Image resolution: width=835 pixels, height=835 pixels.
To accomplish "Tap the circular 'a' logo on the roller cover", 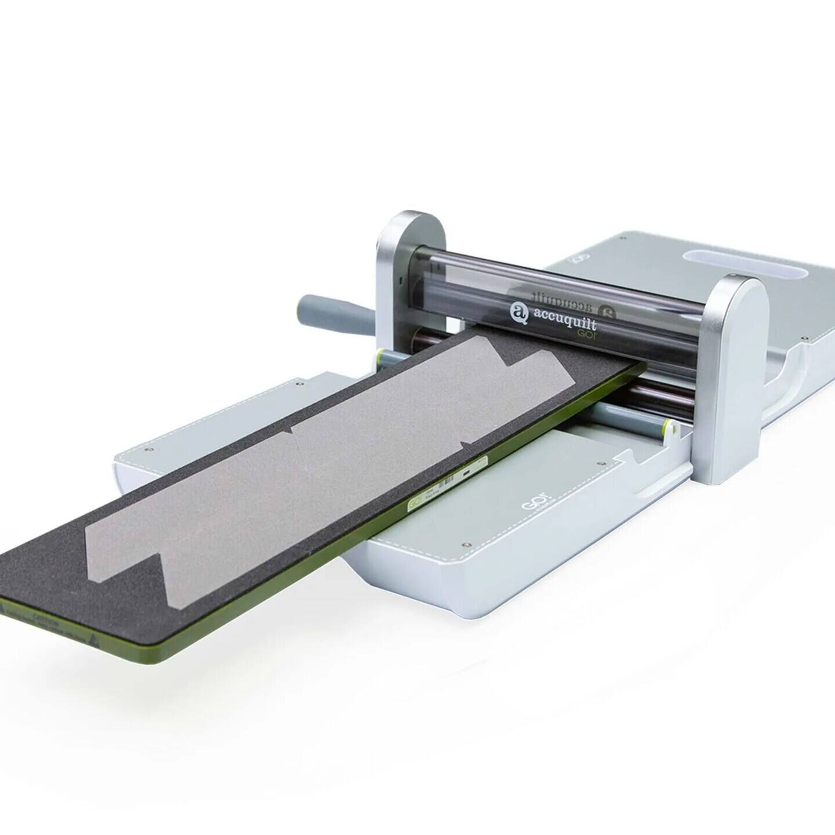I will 518,313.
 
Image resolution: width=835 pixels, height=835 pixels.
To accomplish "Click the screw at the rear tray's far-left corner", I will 622,238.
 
